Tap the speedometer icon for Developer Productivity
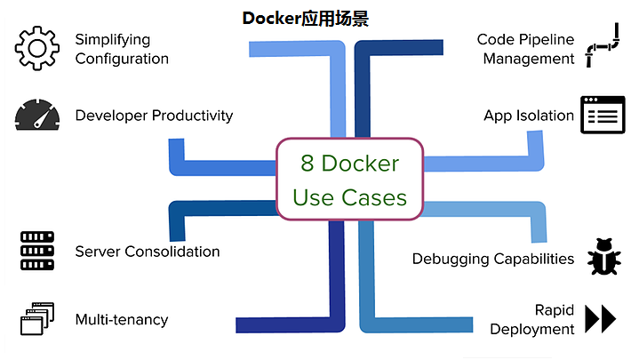[x=36, y=116]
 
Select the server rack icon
[x=36, y=251]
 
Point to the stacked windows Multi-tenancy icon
[x=36, y=318]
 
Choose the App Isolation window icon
[x=603, y=115]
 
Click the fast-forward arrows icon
[x=601, y=318]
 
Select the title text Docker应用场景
[x=305, y=18]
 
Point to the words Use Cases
[x=349, y=196]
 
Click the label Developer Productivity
[x=154, y=116]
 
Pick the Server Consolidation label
[x=147, y=252]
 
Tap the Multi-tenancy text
[x=121, y=319]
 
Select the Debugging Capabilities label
[x=492, y=259]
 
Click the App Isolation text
[x=529, y=116]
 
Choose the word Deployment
[x=532, y=329]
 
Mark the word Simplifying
[x=112, y=39]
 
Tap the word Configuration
[x=122, y=59]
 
